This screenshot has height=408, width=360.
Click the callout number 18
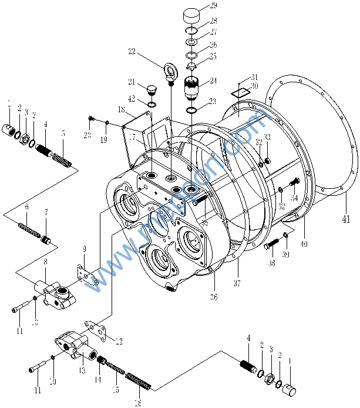pyautogui.click(x=120, y=109)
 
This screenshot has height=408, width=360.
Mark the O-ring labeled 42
pyautogui.click(x=152, y=105)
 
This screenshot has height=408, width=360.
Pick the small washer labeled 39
pyautogui.click(x=285, y=236)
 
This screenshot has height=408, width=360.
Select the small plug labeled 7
pyautogui.click(x=46, y=240)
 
